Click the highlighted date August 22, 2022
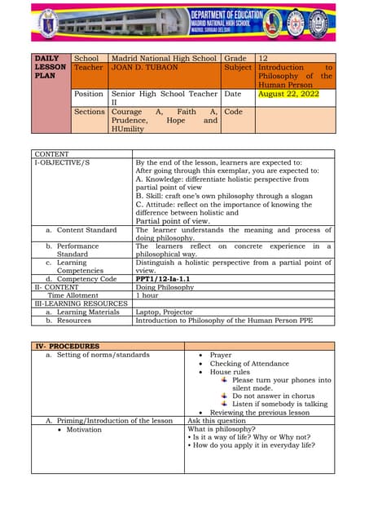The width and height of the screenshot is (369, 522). pyautogui.click(x=288, y=95)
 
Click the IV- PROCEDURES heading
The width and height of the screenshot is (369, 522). pyautogui.click(x=67, y=346)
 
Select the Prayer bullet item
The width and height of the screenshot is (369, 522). pyautogui.click(x=220, y=356)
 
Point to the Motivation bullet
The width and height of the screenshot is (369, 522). pyautogui.click(x=84, y=429)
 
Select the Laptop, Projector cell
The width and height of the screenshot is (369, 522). pyautogui.click(x=166, y=312)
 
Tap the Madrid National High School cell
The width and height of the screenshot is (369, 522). pyautogui.click(x=164, y=59)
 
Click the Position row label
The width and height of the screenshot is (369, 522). pyautogui.click(x=89, y=95)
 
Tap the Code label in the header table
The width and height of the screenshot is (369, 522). pyautogui.click(x=233, y=112)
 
